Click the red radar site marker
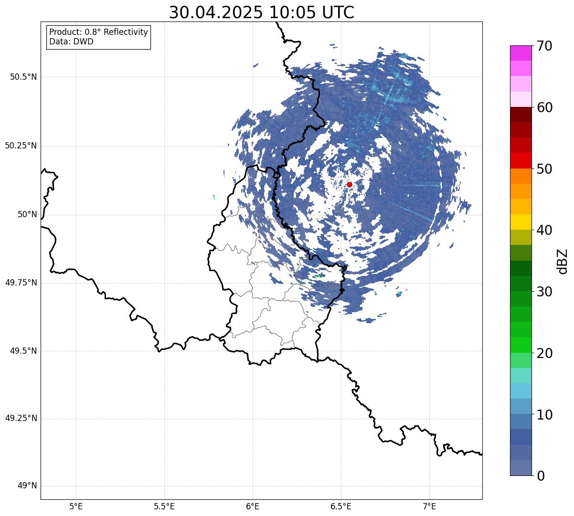coord(350,184)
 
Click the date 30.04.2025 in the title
coord(216,13)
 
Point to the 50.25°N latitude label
coord(21,146)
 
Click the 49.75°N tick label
coord(21,283)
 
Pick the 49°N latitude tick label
coord(27,486)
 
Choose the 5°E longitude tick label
coord(76,506)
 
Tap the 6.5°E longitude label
coord(341,506)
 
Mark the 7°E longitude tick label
coord(430,506)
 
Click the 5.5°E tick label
coord(164,506)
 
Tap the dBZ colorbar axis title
coord(563,261)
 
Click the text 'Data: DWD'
coord(71,42)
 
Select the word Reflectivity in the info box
coord(126,32)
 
